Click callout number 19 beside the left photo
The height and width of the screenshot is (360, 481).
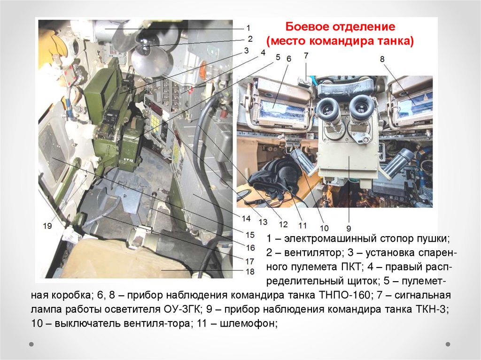(x=47, y=226)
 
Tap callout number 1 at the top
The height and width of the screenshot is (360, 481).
(x=248, y=28)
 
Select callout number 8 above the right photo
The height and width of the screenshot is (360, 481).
(x=382, y=59)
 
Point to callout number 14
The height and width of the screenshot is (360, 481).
(x=246, y=218)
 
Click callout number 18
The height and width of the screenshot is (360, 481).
(x=250, y=271)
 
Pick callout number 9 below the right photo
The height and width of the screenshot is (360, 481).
(x=349, y=229)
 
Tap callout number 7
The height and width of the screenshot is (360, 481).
(x=306, y=55)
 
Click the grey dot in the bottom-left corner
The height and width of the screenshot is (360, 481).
(x=31, y=344)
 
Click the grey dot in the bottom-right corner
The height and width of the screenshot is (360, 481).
(x=448, y=344)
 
